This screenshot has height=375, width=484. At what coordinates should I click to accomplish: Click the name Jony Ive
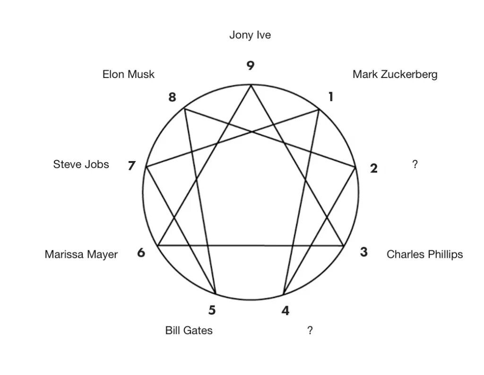tap(250, 35)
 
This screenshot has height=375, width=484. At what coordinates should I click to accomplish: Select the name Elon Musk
tap(129, 74)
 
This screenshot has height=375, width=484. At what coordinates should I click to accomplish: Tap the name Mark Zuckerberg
tap(395, 74)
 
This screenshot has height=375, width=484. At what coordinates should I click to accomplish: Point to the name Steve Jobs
tap(81, 164)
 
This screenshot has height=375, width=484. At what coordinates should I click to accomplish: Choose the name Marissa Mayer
tap(81, 255)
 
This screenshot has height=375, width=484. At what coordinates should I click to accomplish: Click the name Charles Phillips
tap(424, 255)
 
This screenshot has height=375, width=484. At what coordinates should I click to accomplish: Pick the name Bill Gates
tap(189, 330)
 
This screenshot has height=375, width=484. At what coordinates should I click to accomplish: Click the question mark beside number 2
tap(415, 164)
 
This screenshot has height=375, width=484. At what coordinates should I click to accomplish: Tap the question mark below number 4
tap(310, 330)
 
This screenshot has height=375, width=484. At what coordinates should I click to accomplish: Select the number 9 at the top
tap(251, 66)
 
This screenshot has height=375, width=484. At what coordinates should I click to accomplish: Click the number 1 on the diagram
tap(331, 97)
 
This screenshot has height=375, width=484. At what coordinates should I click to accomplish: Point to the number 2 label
tap(374, 169)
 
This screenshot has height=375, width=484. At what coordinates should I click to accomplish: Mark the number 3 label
tap(363, 252)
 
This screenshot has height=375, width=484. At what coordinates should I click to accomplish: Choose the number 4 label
tap(285, 311)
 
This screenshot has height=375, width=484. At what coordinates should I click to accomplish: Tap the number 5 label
tap(212, 310)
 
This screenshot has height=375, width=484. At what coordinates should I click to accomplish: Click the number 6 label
tap(141, 253)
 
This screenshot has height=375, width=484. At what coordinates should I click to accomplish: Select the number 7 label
tap(132, 166)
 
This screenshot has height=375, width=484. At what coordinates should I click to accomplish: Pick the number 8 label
tap(172, 97)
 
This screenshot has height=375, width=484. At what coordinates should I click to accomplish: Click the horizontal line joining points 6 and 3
tap(251, 246)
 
